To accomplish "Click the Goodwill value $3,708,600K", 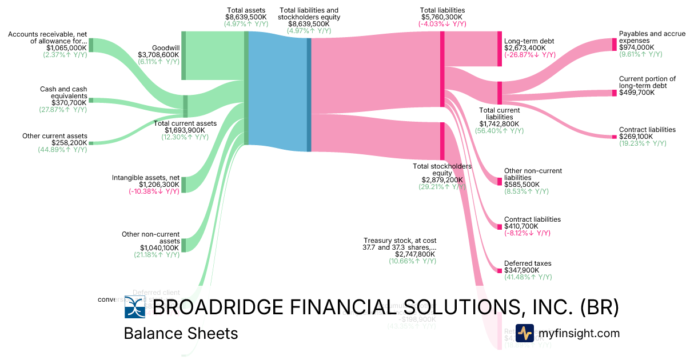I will tap(158, 55).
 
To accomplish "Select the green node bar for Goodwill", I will tap(184, 56).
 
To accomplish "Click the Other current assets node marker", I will tap(90, 143).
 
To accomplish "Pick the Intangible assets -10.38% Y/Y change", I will tap(154, 191).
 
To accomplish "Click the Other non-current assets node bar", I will tap(184, 245).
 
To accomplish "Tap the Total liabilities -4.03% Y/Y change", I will tap(442, 25).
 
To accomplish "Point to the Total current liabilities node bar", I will tap(499, 93).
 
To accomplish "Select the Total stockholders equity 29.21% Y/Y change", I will tap(442, 187).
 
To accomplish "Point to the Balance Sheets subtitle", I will tap(181, 334).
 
